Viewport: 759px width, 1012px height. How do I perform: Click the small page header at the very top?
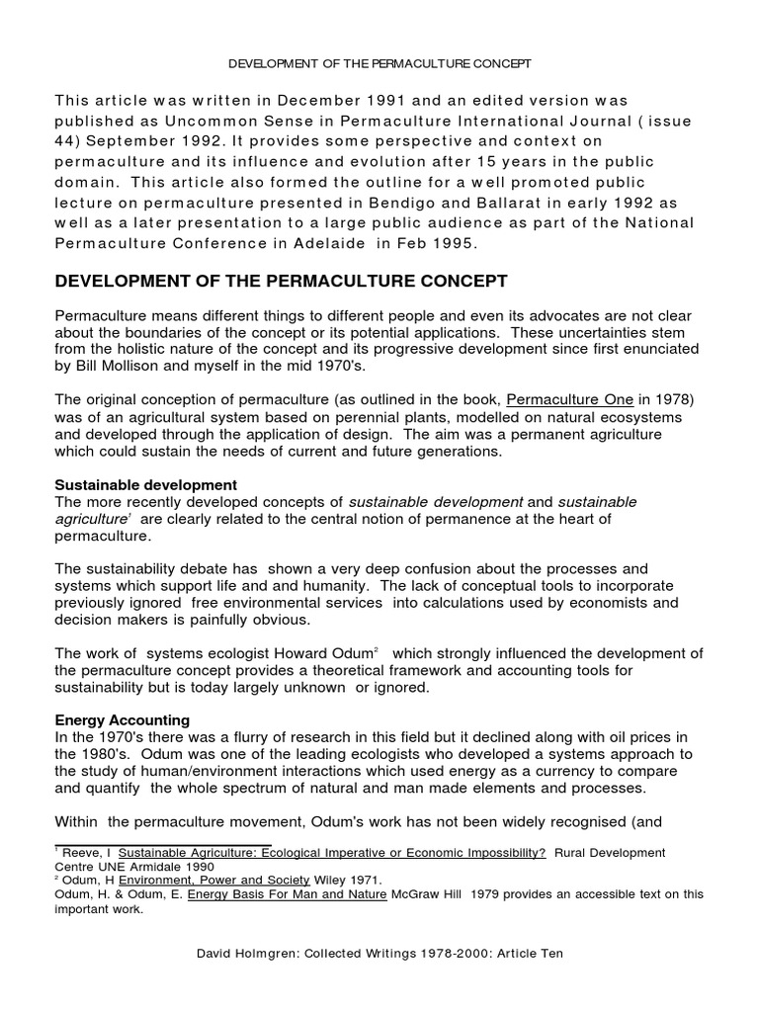379,63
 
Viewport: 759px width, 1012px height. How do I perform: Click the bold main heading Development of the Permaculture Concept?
267,282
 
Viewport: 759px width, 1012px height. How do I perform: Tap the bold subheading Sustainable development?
145,484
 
